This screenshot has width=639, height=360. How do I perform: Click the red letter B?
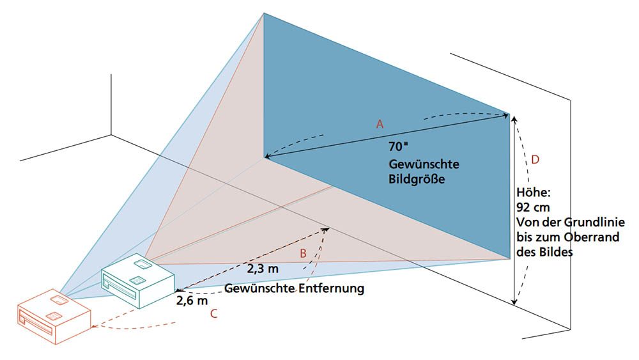[x=304, y=253]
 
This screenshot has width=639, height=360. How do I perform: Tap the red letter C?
[x=213, y=313]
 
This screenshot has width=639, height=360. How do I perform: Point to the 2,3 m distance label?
[x=263, y=267]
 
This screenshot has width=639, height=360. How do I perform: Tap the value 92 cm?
[x=532, y=207]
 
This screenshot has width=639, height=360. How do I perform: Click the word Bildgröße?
[x=416, y=179]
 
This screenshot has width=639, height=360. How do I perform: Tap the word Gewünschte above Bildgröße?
[x=424, y=164]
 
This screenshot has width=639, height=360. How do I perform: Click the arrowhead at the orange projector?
[x=95, y=327]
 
